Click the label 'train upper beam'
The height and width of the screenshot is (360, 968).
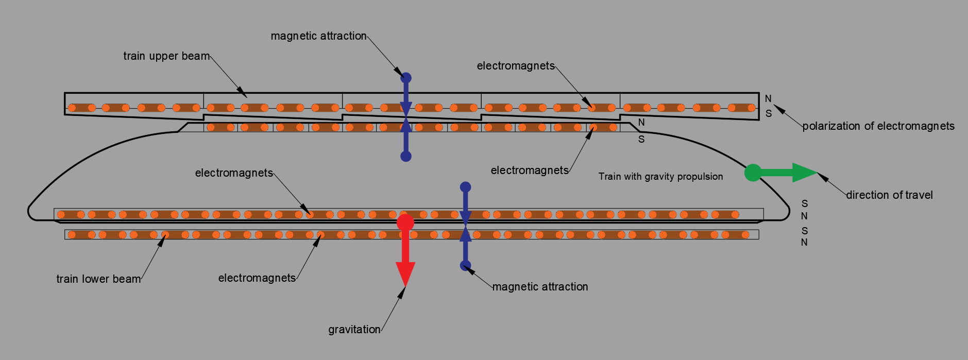[166, 56]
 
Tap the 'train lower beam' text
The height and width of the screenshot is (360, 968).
[98, 279]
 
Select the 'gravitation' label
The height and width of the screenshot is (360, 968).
[354, 330]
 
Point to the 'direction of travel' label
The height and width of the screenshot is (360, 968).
[889, 195]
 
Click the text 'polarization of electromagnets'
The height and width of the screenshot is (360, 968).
[878, 126]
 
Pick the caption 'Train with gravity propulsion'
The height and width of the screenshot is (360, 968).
[660, 177]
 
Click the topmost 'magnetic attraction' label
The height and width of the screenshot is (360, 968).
[318, 36]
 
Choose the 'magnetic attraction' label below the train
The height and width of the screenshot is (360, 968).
[540, 287]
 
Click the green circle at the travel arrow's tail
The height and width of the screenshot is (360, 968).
[753, 173]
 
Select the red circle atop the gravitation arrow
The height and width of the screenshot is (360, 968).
[405, 222]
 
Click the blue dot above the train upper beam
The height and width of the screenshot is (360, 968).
[406, 78]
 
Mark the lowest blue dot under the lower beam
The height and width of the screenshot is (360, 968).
[465, 266]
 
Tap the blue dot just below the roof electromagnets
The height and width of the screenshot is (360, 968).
[406, 156]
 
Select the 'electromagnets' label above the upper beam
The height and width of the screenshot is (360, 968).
[516, 66]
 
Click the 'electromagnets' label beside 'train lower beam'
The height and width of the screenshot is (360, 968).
[257, 278]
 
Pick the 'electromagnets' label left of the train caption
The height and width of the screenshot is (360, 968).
[530, 170]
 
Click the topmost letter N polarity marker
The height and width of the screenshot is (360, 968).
[768, 98]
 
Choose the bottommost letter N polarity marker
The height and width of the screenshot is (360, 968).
[804, 242]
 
